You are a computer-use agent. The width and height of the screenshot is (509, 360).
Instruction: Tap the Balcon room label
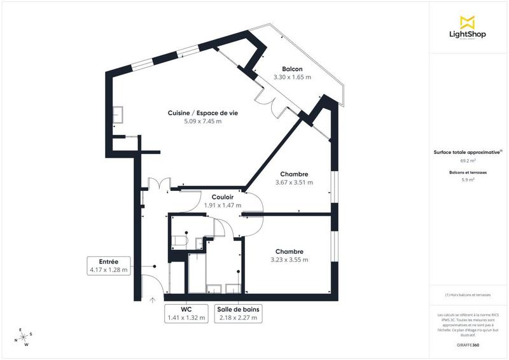tap(292, 69)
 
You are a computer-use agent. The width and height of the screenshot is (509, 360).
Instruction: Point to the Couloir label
tap(223, 197)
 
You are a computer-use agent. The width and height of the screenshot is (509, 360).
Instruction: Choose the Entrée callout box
tap(109, 265)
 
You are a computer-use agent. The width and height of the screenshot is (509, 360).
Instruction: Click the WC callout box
tap(186, 314)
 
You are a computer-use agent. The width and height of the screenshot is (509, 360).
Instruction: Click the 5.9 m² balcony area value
tap(468, 180)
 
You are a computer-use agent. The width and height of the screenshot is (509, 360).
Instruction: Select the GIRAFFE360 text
tap(468, 343)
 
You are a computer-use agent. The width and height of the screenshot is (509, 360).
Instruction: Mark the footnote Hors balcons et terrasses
tap(468, 296)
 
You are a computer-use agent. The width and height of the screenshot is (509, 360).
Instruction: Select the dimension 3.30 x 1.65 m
tap(292, 77)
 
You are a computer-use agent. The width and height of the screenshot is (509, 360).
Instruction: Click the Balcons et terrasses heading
tap(468, 172)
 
